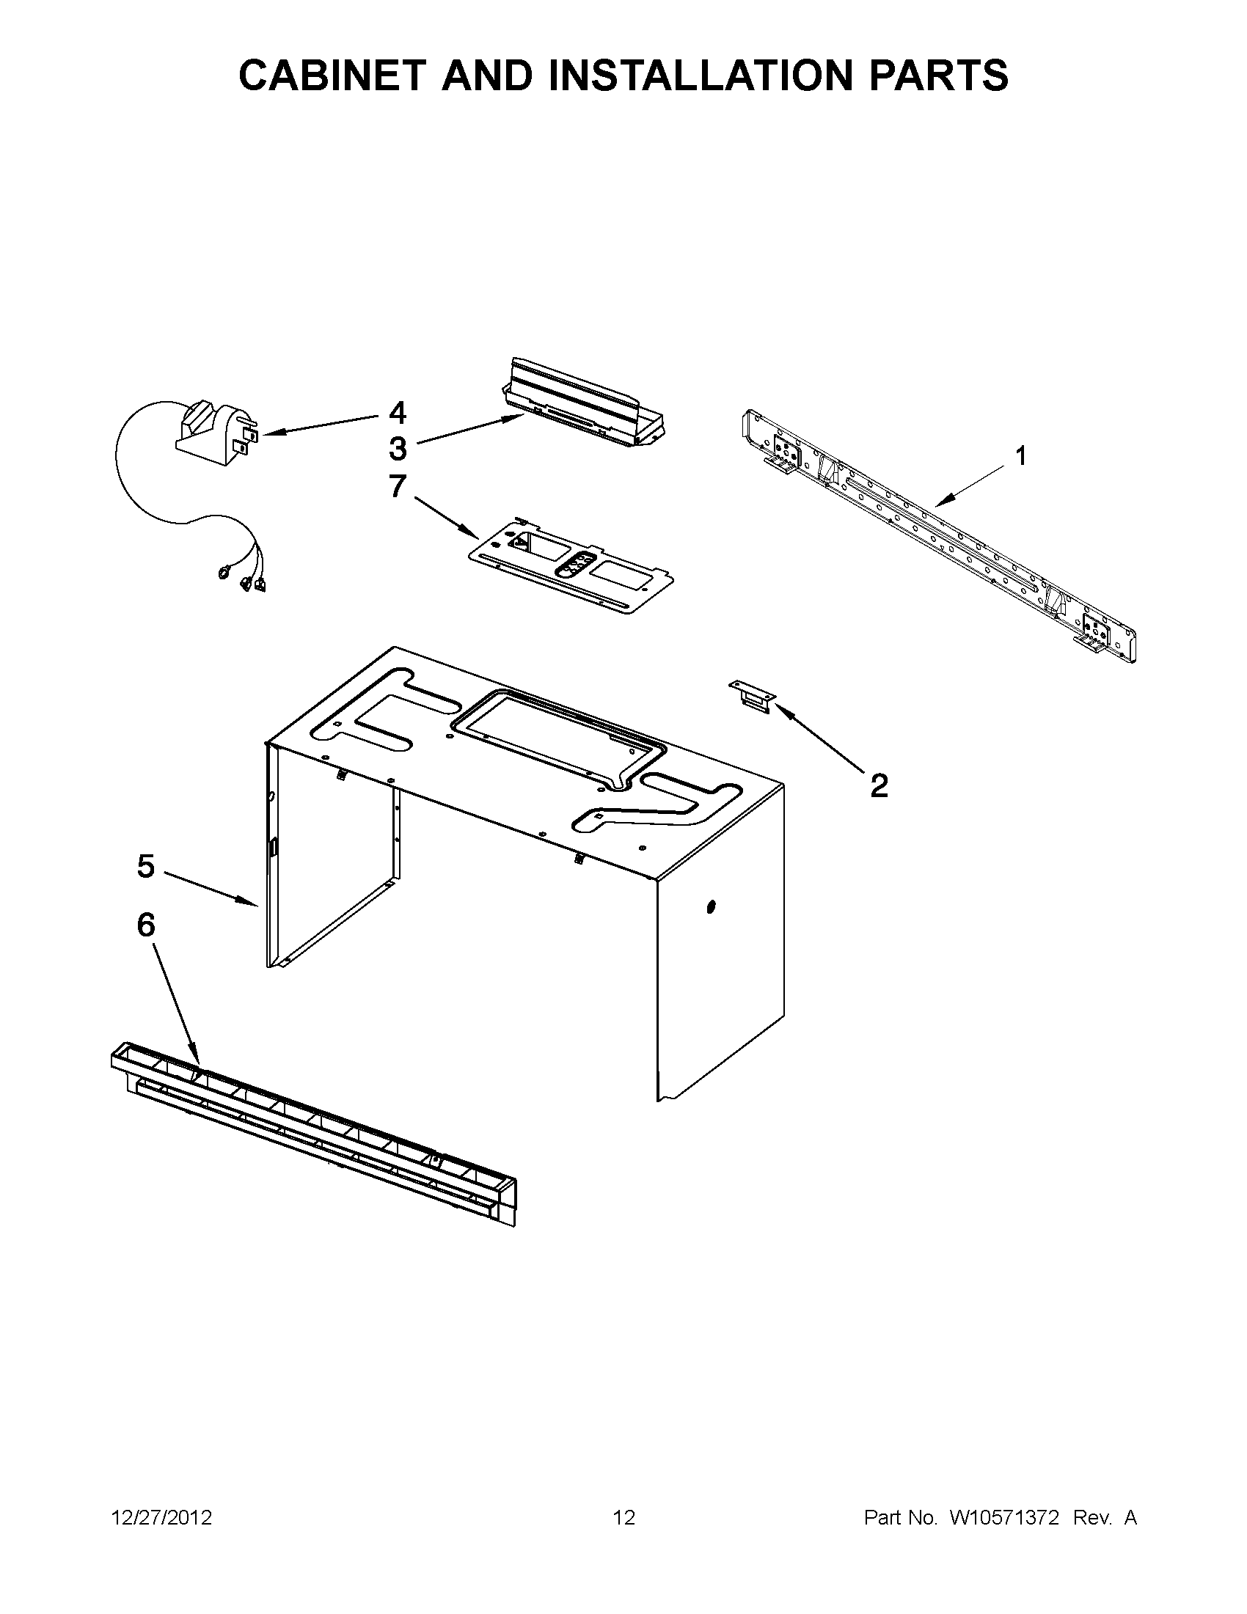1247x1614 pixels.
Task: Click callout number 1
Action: (x=1020, y=457)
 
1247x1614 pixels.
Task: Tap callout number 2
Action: (x=878, y=785)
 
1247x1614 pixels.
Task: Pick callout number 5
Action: (x=146, y=866)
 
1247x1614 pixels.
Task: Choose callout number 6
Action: (x=146, y=925)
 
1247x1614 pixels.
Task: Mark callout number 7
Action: (x=398, y=486)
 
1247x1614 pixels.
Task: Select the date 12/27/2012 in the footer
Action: (x=161, y=1518)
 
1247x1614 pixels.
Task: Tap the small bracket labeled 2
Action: (x=752, y=697)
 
